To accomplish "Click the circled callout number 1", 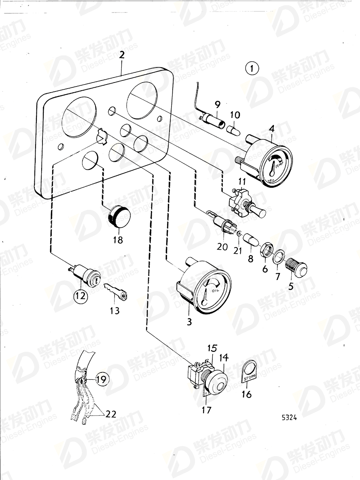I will tap(252, 68).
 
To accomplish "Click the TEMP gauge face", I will tap(275, 167).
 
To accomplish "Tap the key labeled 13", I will tap(116, 292).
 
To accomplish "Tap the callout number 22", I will tap(110, 414).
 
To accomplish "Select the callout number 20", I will tap(222, 246).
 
